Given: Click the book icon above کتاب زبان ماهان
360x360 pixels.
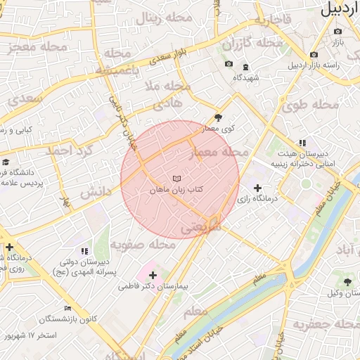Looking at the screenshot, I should (176, 179).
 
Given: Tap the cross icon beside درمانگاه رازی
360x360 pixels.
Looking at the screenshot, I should (257, 188).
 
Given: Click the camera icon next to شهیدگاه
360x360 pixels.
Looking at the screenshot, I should (229, 65).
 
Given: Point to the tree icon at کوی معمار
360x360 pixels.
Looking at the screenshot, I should (218, 118).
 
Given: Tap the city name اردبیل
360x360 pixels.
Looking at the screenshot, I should (340, 10).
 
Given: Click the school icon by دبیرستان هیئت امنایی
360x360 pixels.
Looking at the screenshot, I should (302, 143).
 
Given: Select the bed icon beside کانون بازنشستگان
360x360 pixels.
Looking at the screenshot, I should (68, 308).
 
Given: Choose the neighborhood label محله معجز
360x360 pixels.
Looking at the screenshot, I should (39, 48).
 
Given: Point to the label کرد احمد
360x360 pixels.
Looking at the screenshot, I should (70, 150).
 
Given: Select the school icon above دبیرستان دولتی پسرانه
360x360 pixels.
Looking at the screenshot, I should (84, 250).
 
